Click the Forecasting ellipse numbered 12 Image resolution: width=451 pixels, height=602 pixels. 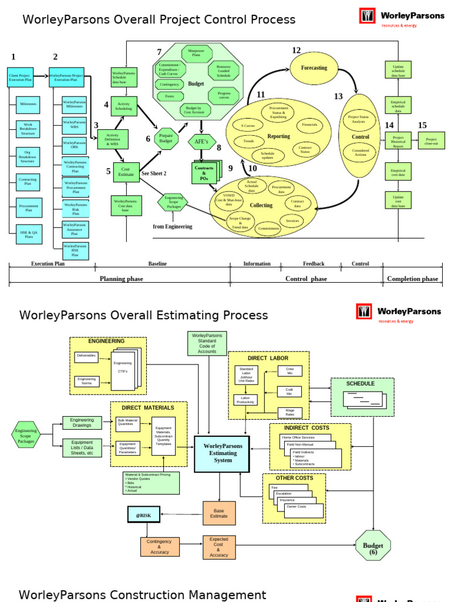coord(314,68)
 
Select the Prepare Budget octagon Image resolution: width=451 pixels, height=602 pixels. coord(166,139)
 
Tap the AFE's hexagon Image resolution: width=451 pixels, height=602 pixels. coord(201,142)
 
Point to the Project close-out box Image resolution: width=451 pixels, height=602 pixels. coord(431,141)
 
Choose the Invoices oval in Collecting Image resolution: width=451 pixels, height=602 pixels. coord(292,220)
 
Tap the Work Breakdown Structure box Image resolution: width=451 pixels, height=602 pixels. coord(28,130)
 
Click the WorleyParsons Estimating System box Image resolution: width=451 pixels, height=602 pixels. coord(223,453)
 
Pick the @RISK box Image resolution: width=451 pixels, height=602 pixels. coord(143,514)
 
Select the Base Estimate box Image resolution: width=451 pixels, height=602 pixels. coord(219,513)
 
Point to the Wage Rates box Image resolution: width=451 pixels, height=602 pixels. coord(290,413)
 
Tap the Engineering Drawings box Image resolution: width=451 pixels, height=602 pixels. coord(82,423)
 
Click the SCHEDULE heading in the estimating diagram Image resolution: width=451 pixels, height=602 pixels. coord(360,383)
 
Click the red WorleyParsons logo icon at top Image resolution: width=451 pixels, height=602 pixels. coord(367,16)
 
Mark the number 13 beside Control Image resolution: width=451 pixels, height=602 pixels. coord(338,96)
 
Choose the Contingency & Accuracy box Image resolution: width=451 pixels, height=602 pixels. coord(159,547)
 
